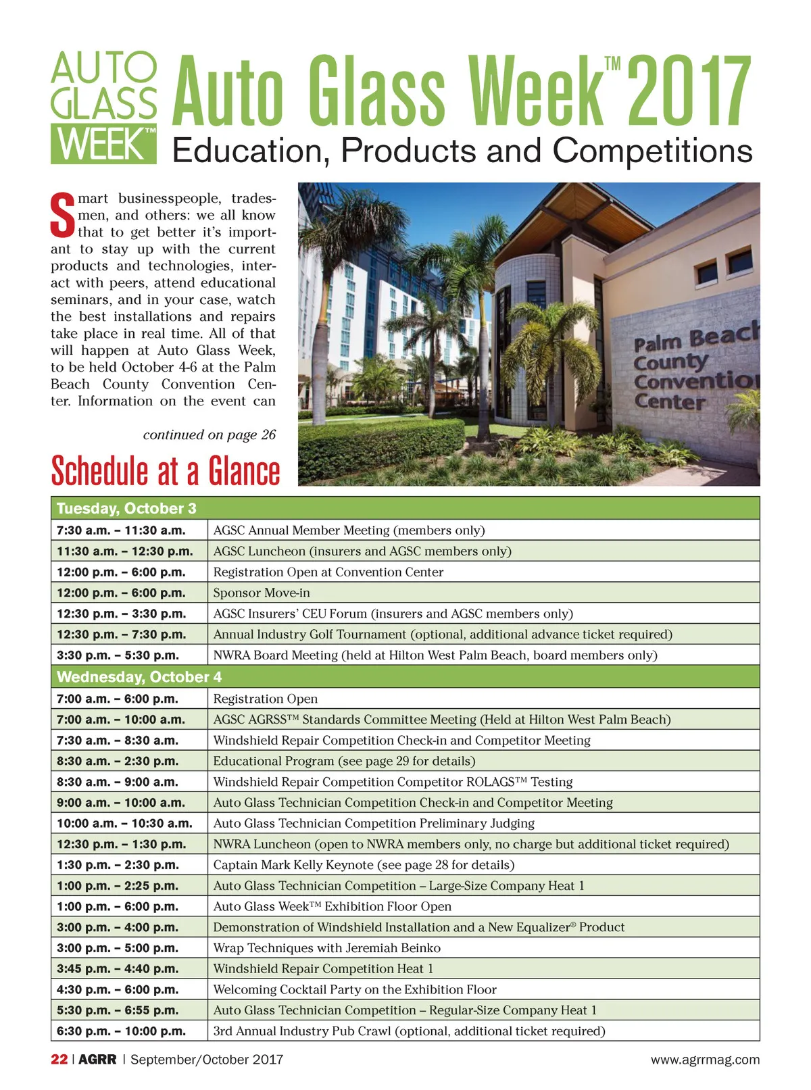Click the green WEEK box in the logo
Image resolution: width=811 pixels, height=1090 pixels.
pyautogui.click(x=103, y=143)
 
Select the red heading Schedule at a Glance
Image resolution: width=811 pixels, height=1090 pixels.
pyautogui.click(x=166, y=471)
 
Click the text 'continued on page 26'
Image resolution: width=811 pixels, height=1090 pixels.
pyautogui.click(x=210, y=435)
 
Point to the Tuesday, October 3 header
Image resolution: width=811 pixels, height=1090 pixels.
pyautogui.click(x=126, y=508)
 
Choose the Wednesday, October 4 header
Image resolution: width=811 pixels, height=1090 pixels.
pyautogui.click(x=139, y=676)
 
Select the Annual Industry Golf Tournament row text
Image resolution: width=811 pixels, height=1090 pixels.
pyautogui.click(x=443, y=634)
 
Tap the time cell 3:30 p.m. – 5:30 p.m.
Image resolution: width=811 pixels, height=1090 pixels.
pyautogui.click(x=118, y=655)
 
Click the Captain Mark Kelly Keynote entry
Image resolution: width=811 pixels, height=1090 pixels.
pyautogui.click(x=364, y=864)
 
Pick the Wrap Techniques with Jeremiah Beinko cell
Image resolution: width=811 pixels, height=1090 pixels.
pyautogui.click(x=326, y=947)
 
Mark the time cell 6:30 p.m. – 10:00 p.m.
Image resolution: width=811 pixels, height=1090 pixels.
pyautogui.click(x=121, y=1031)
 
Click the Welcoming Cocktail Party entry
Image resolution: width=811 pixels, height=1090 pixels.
pyautogui.click(x=355, y=989)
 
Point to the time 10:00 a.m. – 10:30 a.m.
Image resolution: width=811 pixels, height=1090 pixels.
pyautogui.click(x=124, y=823)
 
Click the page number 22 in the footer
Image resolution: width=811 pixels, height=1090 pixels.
pyautogui.click(x=59, y=1060)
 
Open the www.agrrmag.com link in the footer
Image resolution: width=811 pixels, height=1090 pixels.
pyautogui.click(x=705, y=1060)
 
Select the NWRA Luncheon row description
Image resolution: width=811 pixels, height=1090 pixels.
pyautogui.click(x=471, y=844)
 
